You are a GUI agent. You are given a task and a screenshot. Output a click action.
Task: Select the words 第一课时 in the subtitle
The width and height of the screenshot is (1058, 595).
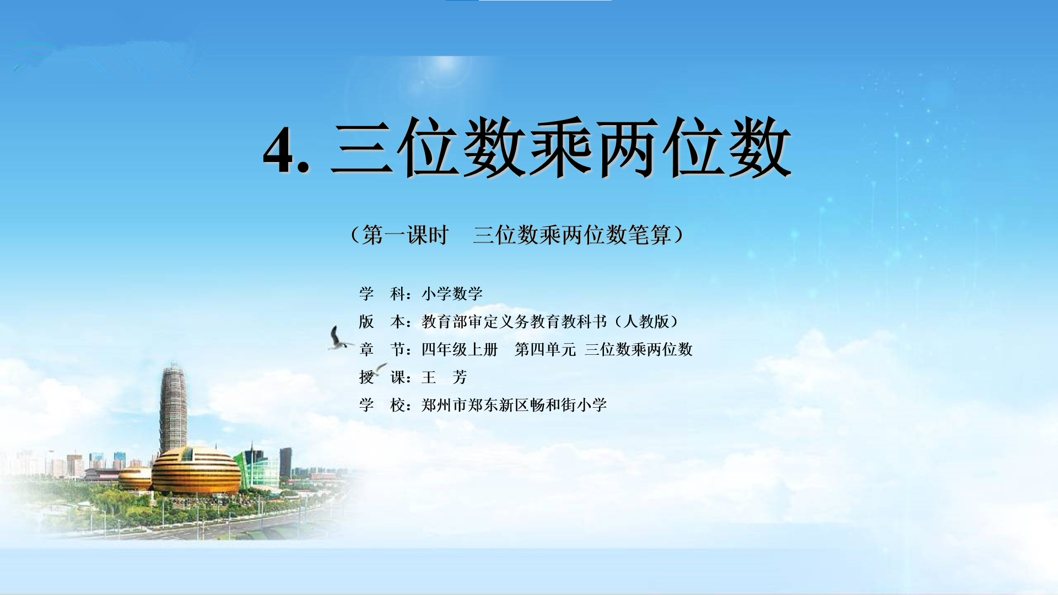(x=406, y=235)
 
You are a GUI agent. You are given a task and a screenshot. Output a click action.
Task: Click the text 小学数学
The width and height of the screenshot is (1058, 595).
(x=452, y=294)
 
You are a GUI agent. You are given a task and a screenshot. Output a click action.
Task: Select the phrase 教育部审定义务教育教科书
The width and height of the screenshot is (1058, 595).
(x=514, y=322)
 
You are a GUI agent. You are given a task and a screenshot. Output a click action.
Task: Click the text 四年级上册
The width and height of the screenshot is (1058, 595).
(x=460, y=349)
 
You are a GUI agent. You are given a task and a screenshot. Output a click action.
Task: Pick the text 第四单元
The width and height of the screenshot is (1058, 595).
(x=545, y=349)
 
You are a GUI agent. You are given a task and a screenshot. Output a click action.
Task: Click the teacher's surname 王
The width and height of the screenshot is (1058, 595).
(x=429, y=377)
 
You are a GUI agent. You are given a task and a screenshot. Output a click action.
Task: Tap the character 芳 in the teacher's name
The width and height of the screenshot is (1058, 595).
(x=460, y=377)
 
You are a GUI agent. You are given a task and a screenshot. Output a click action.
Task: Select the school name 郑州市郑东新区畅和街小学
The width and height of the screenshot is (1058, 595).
(x=514, y=405)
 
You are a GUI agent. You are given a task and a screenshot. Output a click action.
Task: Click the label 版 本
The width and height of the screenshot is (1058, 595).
(x=382, y=322)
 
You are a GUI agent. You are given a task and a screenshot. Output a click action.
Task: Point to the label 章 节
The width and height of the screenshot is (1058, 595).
(x=382, y=349)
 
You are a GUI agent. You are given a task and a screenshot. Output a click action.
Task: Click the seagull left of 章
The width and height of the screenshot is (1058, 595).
(x=339, y=338)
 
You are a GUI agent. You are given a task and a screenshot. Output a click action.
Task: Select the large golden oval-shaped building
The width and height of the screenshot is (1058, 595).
(x=196, y=470)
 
